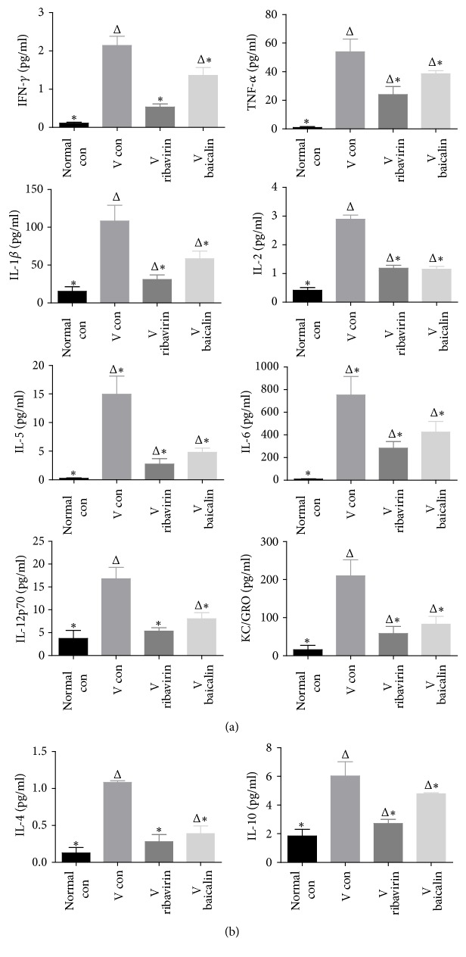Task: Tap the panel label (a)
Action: tap(234, 725)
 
